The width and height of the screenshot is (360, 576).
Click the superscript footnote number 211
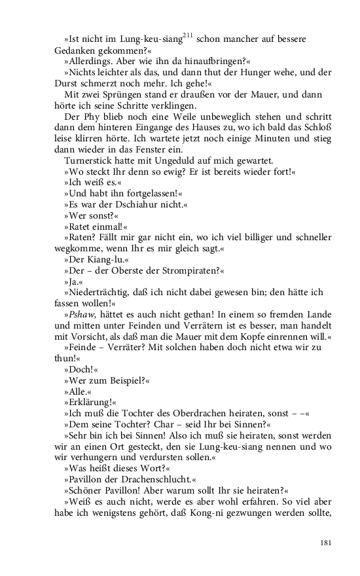187,35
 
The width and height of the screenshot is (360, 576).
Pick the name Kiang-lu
98,259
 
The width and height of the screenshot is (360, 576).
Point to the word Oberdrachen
187,414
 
